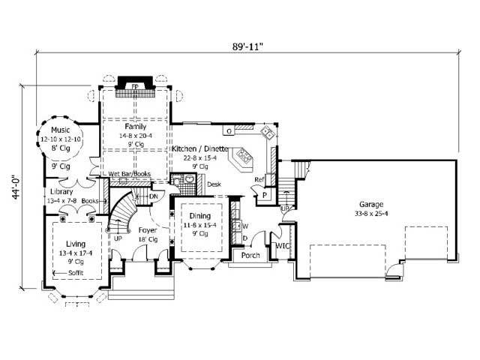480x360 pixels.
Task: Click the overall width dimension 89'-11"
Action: pyautogui.click(x=247, y=45)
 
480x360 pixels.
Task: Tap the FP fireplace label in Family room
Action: pyautogui.click(x=135, y=87)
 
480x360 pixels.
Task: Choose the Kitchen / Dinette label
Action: pyautogui.click(x=199, y=149)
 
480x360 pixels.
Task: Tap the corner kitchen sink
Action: pyautogui.click(x=267, y=134)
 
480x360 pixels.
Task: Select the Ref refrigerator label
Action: pyautogui.click(x=259, y=179)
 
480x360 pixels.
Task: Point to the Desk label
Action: pyautogui.click(x=214, y=184)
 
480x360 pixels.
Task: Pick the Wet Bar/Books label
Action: pyautogui.click(x=129, y=174)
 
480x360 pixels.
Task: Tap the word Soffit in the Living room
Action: pyautogui.click(x=76, y=273)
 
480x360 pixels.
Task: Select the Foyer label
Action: pyautogui.click(x=148, y=231)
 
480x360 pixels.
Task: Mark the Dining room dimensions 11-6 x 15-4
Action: pyautogui.click(x=199, y=224)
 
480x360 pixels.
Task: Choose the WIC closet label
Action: pyautogui.click(x=283, y=244)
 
